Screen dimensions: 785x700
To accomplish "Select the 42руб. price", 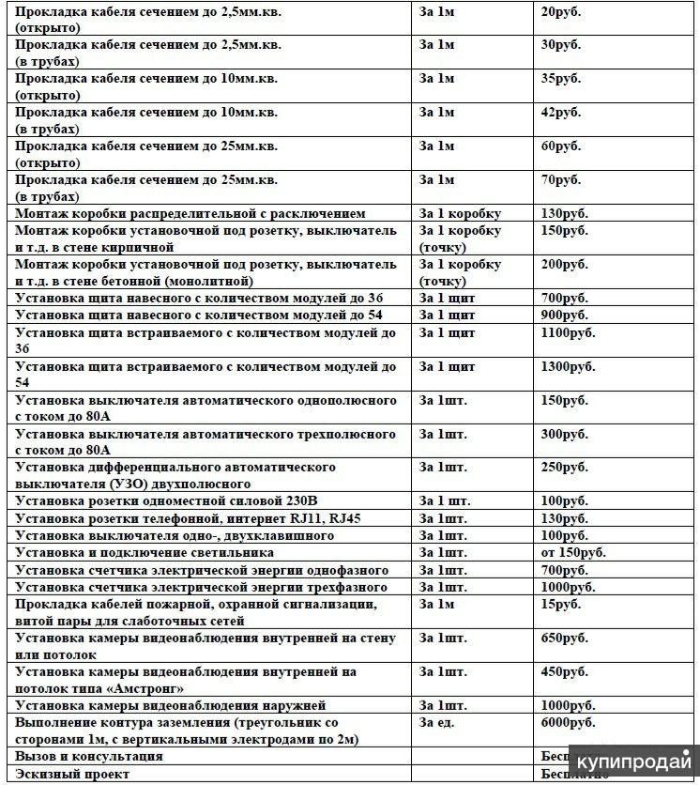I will (561, 113).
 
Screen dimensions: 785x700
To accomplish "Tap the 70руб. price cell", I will (561, 180).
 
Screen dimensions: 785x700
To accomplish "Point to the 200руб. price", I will (565, 265).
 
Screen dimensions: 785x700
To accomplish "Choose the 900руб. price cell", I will (565, 316).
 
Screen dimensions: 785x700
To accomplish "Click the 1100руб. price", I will (569, 333).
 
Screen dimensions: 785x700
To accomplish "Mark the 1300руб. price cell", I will (569, 367).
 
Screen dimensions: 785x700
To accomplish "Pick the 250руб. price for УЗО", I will (565, 468).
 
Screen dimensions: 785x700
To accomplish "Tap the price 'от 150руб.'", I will (573, 552).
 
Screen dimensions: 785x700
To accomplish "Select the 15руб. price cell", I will (561, 604).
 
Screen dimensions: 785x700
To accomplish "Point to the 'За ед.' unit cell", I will (438, 722).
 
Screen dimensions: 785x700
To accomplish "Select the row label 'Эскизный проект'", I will (72, 774).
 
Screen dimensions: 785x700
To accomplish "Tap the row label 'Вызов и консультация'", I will (89, 756).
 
